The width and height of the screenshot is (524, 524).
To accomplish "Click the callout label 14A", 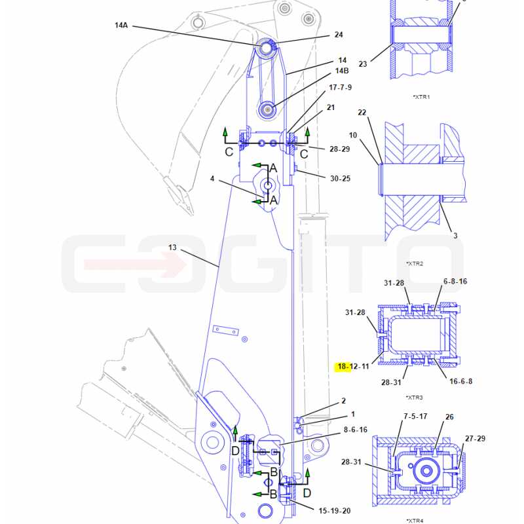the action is (x=121, y=26).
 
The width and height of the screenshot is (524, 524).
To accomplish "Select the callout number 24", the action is (x=339, y=35).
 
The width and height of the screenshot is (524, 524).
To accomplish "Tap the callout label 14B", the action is (x=342, y=71).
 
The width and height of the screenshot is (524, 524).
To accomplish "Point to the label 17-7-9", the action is (x=340, y=88).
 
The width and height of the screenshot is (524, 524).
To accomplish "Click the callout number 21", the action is (x=331, y=107).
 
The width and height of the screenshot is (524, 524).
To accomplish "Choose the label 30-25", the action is (x=340, y=179).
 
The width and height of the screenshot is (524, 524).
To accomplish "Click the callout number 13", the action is (x=172, y=248).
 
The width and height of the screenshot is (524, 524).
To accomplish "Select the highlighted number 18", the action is (x=343, y=367).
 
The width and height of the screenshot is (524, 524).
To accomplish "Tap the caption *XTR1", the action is (x=421, y=97).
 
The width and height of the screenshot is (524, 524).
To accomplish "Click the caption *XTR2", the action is (x=415, y=264).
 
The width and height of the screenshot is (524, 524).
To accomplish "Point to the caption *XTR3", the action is (x=415, y=398).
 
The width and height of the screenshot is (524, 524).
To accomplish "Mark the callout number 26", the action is (x=449, y=417).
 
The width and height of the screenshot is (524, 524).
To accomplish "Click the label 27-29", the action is (x=476, y=438).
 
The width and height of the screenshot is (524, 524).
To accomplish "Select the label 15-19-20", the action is (x=335, y=511).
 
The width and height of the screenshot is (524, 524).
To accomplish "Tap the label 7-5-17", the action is (x=415, y=417).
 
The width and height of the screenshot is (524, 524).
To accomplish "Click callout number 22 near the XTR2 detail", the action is (x=362, y=113).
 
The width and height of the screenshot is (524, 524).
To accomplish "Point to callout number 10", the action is (x=353, y=136).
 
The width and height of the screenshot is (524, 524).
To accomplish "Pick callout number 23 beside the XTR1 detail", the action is (x=363, y=64).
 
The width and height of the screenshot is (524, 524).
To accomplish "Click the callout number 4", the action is (x=212, y=179).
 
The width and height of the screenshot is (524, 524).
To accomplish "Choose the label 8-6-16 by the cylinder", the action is (x=356, y=430).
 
